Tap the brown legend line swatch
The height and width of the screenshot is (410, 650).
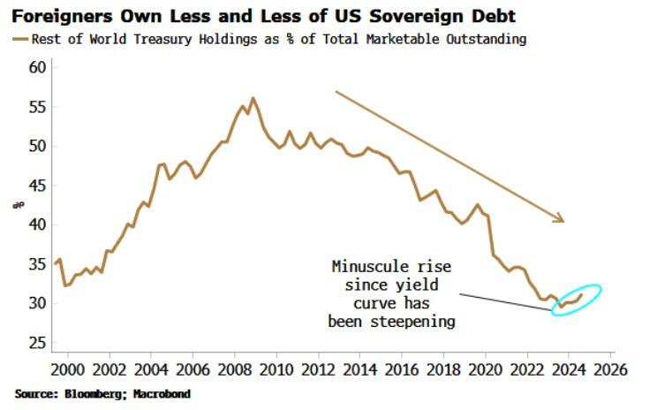pyautogui.click(x=20, y=38)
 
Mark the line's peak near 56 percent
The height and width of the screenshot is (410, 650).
pyautogui.click(x=253, y=98)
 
